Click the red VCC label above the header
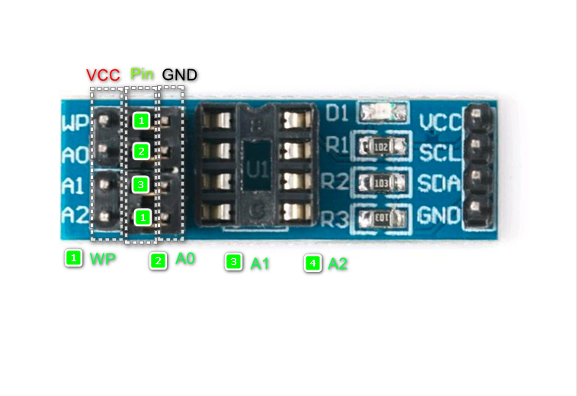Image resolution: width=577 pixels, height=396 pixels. pos(103,75)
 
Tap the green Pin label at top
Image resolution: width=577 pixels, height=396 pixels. pos(142,74)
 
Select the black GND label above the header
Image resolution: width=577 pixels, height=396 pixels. pos(180,75)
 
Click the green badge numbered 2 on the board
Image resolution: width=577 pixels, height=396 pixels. pos(141,152)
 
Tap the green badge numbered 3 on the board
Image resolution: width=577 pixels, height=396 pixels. pos(141,184)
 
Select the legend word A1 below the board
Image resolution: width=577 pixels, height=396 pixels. pos(261,263)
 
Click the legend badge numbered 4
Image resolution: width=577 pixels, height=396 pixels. pos(312,263)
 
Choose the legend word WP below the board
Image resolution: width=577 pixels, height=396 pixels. pos(102,259)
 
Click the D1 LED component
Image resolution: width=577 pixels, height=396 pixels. pos(383,113)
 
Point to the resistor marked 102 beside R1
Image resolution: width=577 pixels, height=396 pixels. pos(382,145)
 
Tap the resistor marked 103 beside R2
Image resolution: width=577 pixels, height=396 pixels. pos(382,183)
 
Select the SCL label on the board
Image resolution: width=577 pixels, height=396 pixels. pos(439,152)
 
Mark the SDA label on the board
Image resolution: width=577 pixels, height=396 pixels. pos(439,183)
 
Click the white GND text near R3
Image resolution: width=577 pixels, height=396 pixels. pos(439,216)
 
